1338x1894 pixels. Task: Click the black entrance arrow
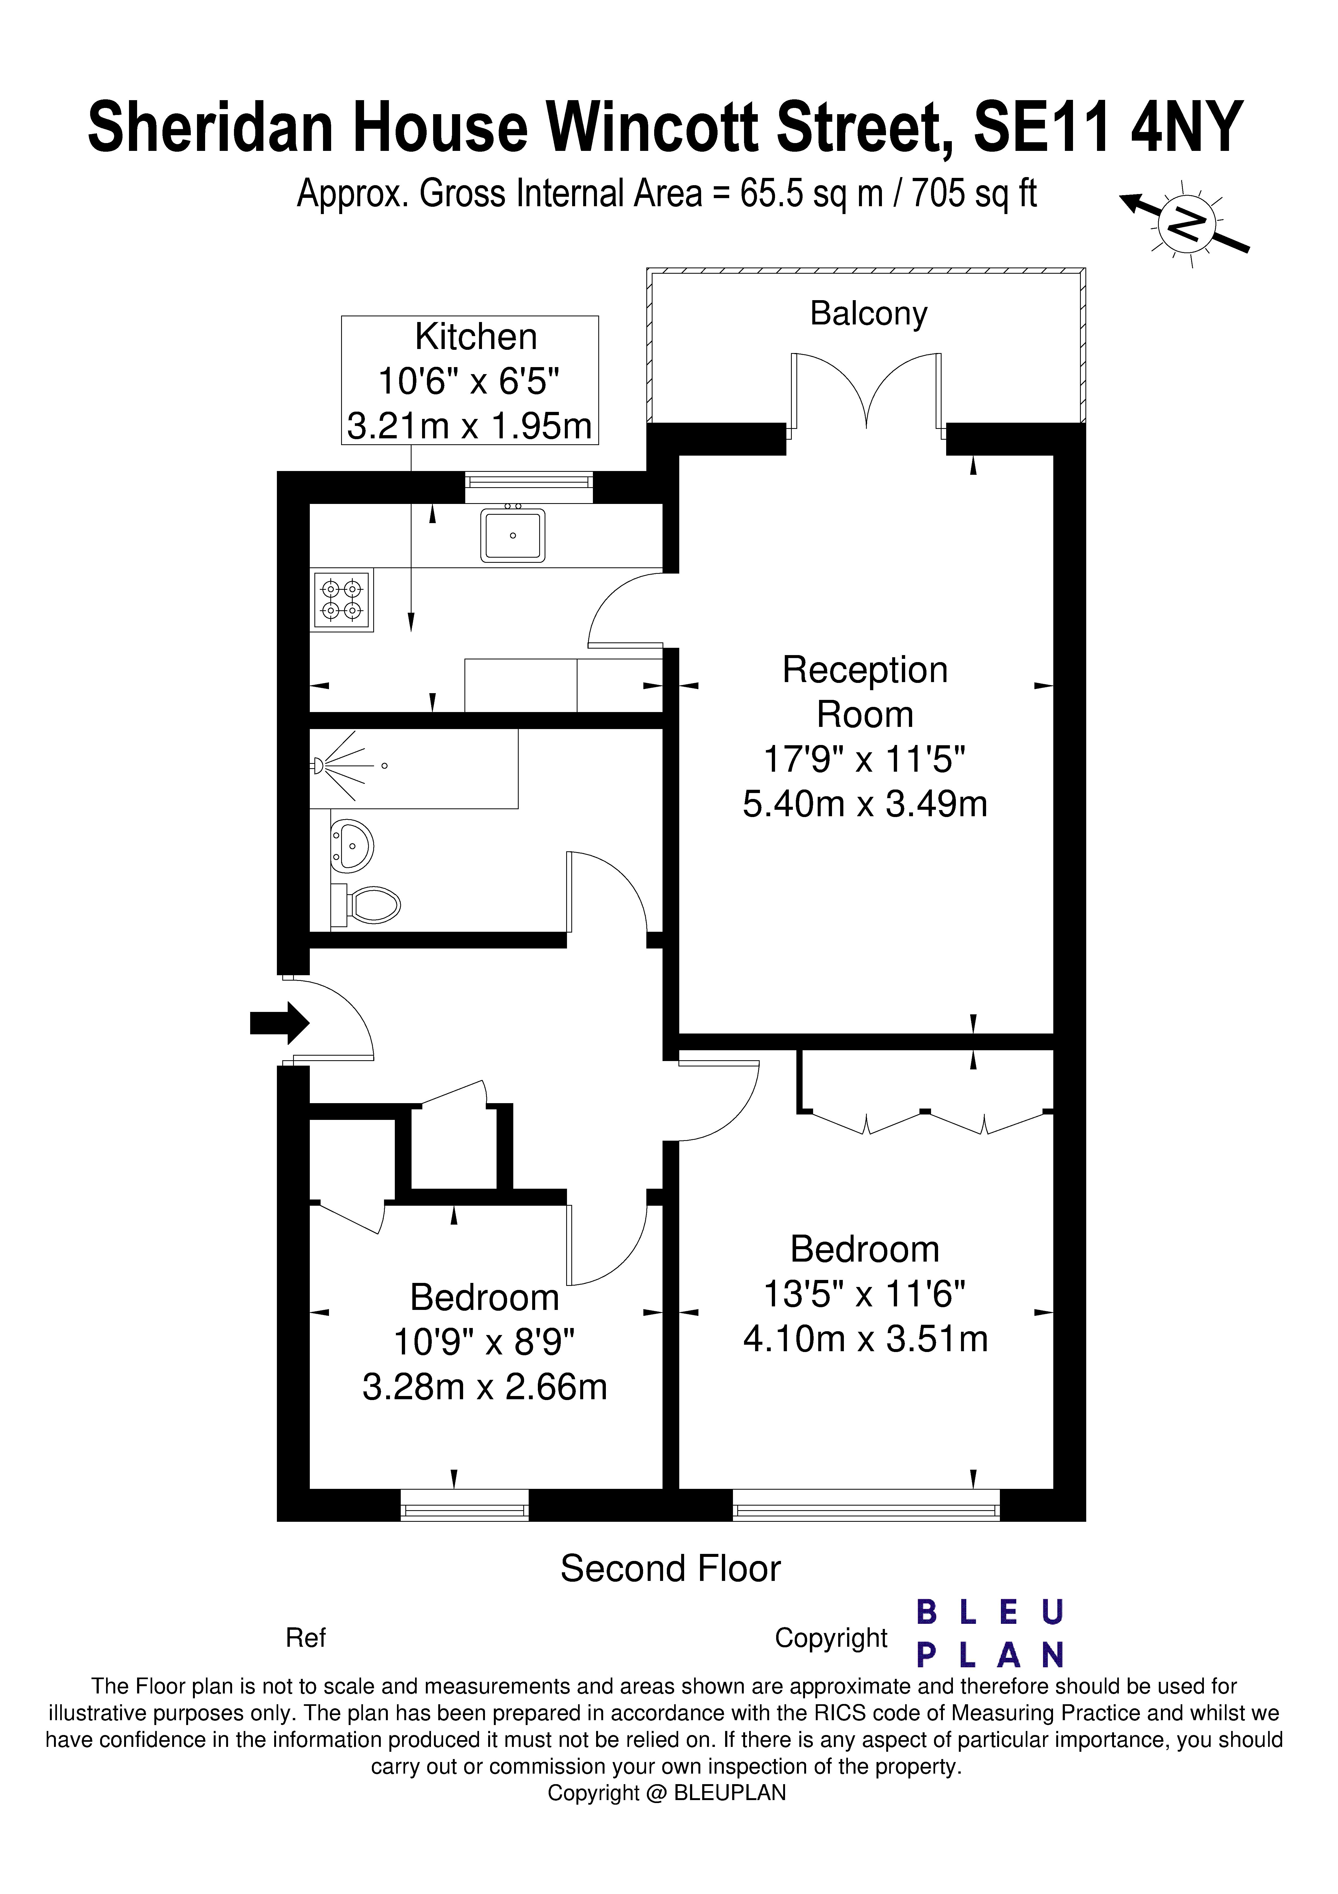tap(280, 1023)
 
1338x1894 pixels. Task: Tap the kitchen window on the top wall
tap(529, 487)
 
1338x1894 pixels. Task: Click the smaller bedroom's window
tap(464, 1505)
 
